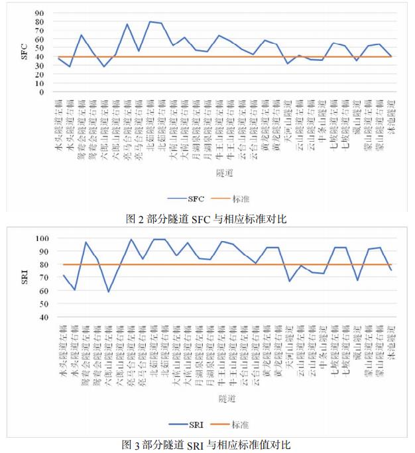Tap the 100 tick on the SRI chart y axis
pyautogui.click(x=42, y=238)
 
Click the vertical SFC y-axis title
pyautogui.click(x=24, y=52)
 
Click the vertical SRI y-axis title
pyautogui.click(x=24, y=277)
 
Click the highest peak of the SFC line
pyautogui.click(x=150, y=22)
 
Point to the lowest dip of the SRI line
pyautogui.click(x=109, y=291)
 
